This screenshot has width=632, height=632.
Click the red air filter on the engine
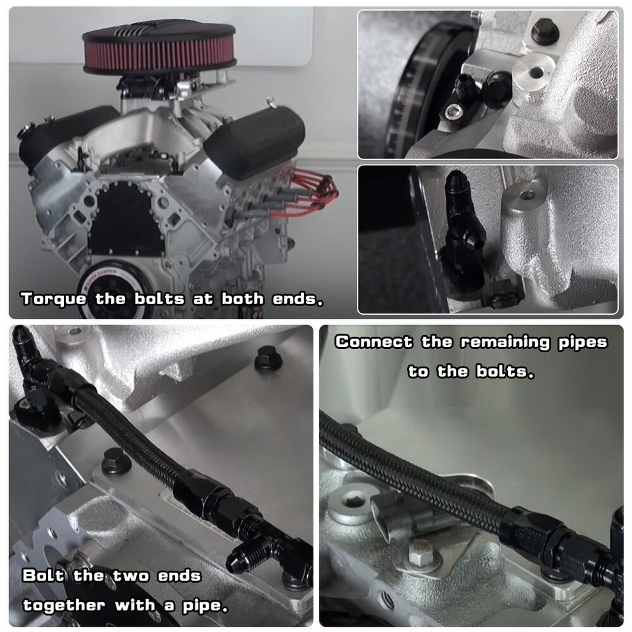click(159, 53)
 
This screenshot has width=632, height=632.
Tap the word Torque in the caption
click(53, 299)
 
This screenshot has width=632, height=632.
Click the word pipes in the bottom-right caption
click(582, 342)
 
